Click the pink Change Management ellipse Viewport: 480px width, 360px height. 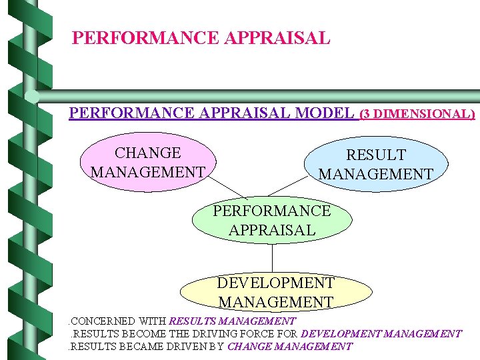147,163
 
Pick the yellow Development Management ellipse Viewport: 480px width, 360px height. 276,293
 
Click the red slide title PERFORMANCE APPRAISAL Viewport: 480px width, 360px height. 201,38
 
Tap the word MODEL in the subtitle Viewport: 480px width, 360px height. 323,113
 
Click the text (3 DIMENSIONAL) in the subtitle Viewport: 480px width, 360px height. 417,114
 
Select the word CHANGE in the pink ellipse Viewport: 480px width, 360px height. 148,154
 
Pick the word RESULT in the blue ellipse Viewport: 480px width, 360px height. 375,155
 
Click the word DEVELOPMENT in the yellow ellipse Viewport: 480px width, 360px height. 276,283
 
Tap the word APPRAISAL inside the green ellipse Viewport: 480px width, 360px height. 271,230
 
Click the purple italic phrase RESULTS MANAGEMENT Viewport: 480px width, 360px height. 233,321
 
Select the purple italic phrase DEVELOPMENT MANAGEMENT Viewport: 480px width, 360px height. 381,334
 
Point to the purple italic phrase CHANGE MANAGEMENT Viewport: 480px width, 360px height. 289,347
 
